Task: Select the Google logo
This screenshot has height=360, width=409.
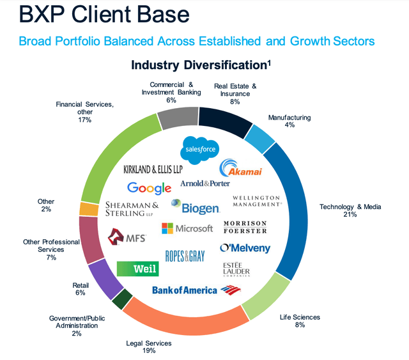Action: (x=149, y=187)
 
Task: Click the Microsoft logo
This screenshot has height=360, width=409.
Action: (x=187, y=228)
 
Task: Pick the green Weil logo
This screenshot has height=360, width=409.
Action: (x=138, y=269)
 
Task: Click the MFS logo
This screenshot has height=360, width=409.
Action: (x=128, y=238)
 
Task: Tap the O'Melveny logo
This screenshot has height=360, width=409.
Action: (x=245, y=248)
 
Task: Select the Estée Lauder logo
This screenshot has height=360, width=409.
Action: (x=236, y=269)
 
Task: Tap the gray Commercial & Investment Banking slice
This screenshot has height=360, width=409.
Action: (x=177, y=118)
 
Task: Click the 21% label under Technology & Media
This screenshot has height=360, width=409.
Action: (x=349, y=215)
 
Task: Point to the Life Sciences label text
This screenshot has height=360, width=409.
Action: (x=300, y=317)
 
